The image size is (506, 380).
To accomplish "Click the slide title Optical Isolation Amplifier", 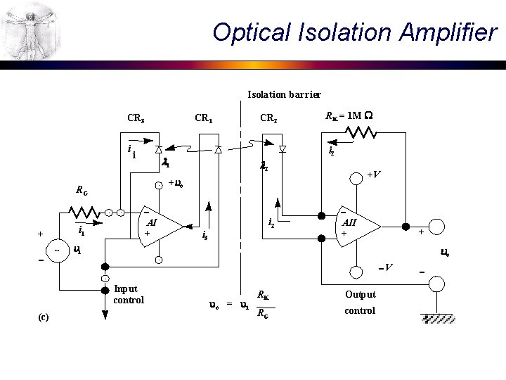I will pyautogui.click(x=354, y=32).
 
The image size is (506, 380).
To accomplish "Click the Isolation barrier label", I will pyautogui.click(x=284, y=94).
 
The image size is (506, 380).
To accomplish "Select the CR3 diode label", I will pyautogui.click(x=136, y=118).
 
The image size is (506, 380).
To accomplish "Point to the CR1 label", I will pyautogui.click(x=204, y=118).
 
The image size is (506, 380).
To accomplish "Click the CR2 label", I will pyautogui.click(x=268, y=118).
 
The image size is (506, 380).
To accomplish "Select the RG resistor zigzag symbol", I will pyautogui.click(x=84, y=211).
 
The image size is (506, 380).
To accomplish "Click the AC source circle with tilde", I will pyautogui.click(x=56, y=251).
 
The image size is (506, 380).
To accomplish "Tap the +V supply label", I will pyautogui.click(x=375, y=175).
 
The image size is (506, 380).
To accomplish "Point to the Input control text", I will pyautogui.click(x=128, y=294).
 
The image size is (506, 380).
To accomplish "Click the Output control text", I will pyautogui.click(x=360, y=303).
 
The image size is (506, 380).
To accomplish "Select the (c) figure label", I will pyautogui.click(x=43, y=317).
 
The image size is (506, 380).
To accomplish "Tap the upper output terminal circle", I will pyautogui.click(x=436, y=227).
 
